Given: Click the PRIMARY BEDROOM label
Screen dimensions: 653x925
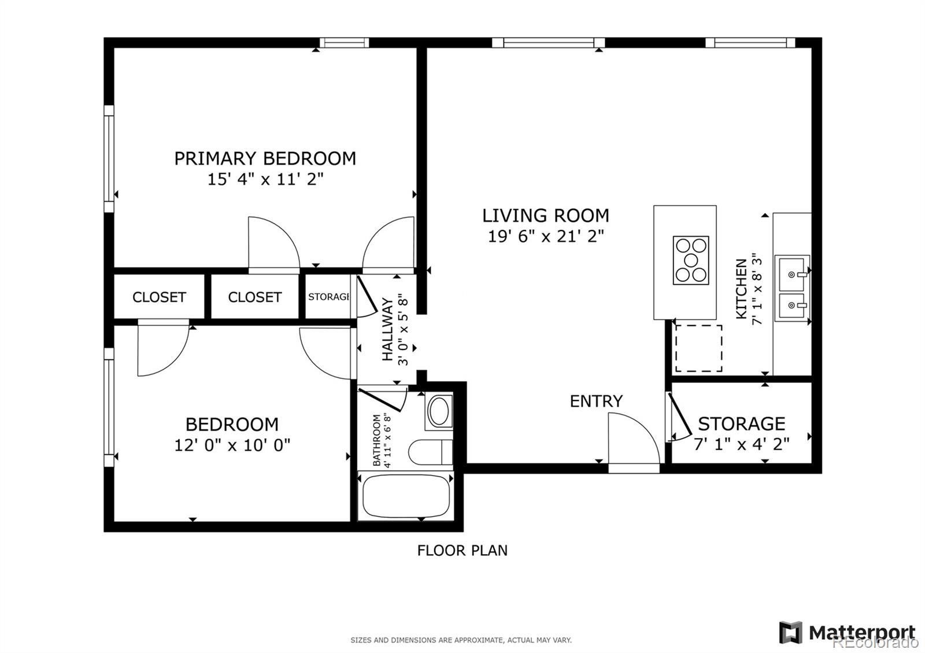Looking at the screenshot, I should pyautogui.click(x=265, y=158).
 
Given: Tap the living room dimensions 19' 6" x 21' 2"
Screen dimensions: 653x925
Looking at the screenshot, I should pyautogui.click(x=546, y=236).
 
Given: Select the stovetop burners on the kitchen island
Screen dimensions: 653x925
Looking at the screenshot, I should pyautogui.click(x=691, y=260).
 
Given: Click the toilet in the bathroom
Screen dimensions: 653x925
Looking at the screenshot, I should pyautogui.click(x=430, y=452).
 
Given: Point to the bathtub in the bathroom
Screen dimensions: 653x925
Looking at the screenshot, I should pyautogui.click(x=406, y=496).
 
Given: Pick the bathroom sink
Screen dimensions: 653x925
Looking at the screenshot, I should pyautogui.click(x=439, y=411).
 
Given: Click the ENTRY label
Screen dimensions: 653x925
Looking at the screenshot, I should pyautogui.click(x=596, y=401).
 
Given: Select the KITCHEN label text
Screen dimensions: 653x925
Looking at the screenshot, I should pyautogui.click(x=741, y=289).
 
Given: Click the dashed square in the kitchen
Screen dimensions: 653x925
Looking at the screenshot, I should pyautogui.click(x=699, y=348).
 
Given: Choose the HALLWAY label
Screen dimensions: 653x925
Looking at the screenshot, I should pyautogui.click(x=387, y=329).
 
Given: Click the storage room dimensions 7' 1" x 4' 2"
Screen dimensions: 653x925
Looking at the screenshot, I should pyautogui.click(x=742, y=444).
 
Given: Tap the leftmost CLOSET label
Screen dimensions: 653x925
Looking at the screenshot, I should pyautogui.click(x=159, y=297).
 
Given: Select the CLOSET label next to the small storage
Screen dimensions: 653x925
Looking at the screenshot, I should pyautogui.click(x=254, y=297).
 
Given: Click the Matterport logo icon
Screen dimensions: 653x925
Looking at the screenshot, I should pyautogui.click(x=790, y=632).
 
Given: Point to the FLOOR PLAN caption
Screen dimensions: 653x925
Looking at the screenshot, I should pyautogui.click(x=462, y=550).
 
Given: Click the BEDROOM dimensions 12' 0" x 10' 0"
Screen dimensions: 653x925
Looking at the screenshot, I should pyautogui.click(x=232, y=445).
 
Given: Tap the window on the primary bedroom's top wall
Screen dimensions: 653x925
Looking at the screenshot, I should pyautogui.click(x=344, y=42).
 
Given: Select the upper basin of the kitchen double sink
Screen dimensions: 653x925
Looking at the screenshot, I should pyautogui.click(x=791, y=273).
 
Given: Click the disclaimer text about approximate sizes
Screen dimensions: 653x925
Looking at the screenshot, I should pyautogui.click(x=461, y=640).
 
